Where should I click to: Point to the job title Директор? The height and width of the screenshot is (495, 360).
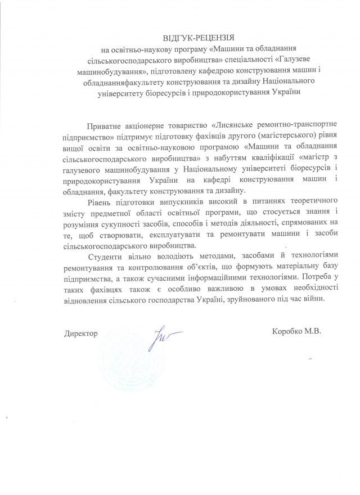tap(81, 334)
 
